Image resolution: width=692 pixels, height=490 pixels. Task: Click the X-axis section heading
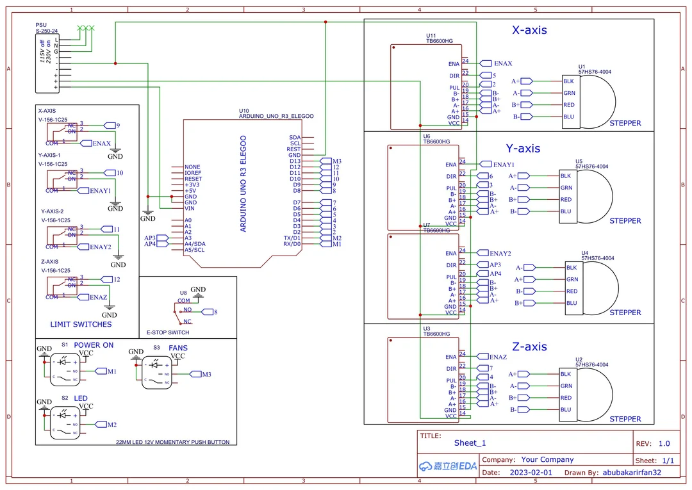tap(529, 30)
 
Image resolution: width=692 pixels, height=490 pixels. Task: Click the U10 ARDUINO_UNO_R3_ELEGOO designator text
tap(276, 114)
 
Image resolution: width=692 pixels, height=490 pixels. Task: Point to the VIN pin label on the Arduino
tap(190, 209)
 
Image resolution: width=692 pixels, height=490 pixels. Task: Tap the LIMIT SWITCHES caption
tap(81, 324)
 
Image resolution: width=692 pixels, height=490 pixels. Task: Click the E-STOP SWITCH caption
tap(168, 332)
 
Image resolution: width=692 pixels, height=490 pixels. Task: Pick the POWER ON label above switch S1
tap(94, 345)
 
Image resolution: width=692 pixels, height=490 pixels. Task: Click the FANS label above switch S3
tap(178, 348)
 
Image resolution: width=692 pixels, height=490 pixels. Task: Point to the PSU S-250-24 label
tap(46, 28)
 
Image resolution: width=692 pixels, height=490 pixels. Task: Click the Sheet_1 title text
tap(470, 443)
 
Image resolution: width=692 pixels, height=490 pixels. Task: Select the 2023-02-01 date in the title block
tap(531, 473)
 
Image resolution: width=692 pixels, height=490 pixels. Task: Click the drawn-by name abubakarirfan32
tap(631, 473)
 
